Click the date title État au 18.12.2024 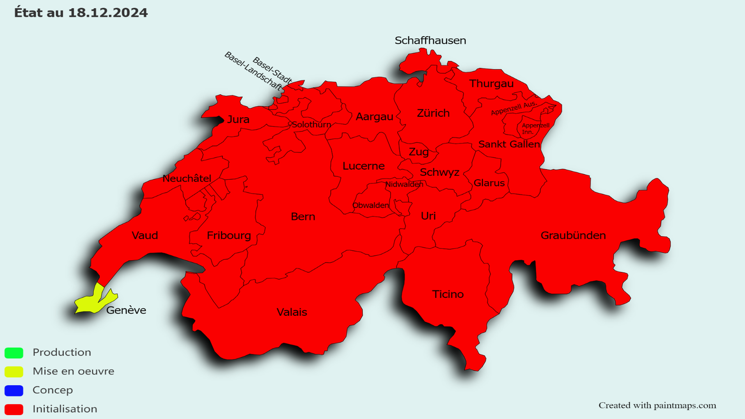pyautogui.click(x=81, y=13)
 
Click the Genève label pyautogui.click(x=126, y=310)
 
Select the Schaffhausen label pyautogui.click(x=430, y=41)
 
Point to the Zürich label pyautogui.click(x=433, y=113)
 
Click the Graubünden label pyautogui.click(x=573, y=235)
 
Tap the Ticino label pyautogui.click(x=448, y=294)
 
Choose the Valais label pyautogui.click(x=292, y=312)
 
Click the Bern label pyautogui.click(x=303, y=216)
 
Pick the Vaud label pyautogui.click(x=145, y=235)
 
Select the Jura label pyautogui.click(x=238, y=120)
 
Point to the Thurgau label pyautogui.click(x=491, y=83)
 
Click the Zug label pyautogui.click(x=419, y=152)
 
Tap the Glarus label pyautogui.click(x=489, y=183)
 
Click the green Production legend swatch pyautogui.click(x=14, y=353)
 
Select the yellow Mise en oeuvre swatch pyautogui.click(x=14, y=372)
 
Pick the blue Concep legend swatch pyautogui.click(x=14, y=391)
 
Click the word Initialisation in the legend pyautogui.click(x=65, y=409)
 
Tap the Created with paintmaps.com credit pyautogui.click(x=657, y=406)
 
